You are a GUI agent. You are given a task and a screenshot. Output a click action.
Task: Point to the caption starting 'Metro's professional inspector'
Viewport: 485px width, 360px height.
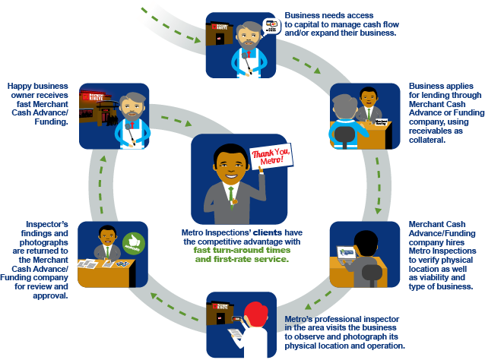point(344,332)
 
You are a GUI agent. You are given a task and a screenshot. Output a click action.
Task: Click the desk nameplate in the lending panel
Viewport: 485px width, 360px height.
point(381,122)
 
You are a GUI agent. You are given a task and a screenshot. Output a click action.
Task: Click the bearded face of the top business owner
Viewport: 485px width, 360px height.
point(242,36)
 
